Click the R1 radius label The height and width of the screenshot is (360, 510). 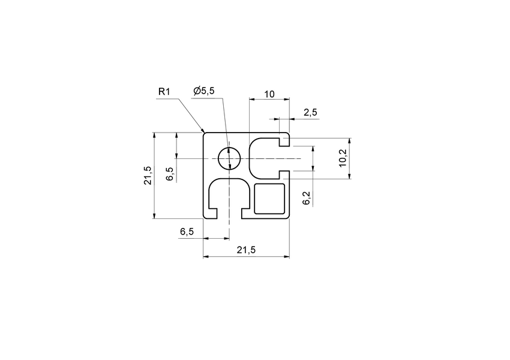[x=165, y=91]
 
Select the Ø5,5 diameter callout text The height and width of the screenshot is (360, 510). [x=204, y=91]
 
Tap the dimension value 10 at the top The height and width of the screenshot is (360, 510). [x=269, y=94]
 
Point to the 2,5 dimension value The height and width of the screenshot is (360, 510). [x=310, y=112]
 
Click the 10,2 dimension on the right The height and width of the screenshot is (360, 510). [x=343, y=158]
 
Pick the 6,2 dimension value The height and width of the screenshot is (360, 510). [x=307, y=199]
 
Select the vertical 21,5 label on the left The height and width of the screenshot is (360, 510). [x=148, y=175]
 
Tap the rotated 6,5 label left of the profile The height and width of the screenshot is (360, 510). [x=170, y=174]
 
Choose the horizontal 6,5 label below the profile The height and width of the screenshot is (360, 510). [x=187, y=232]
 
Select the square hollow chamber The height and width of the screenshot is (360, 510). [x=269, y=199]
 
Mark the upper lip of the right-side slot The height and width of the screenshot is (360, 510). [x=284, y=142]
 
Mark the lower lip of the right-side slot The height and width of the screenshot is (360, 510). [x=284, y=174]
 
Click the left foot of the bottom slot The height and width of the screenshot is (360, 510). [x=213, y=214]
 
